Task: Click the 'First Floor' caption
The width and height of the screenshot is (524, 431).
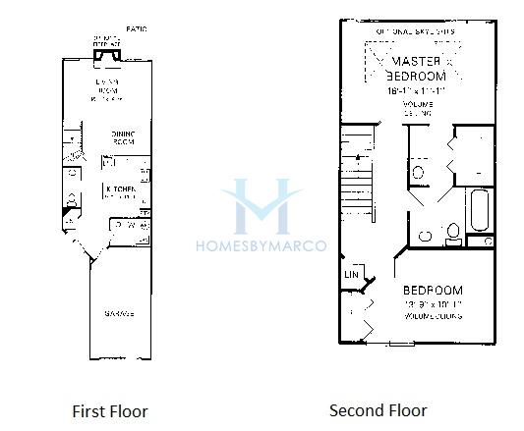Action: (x=110, y=410)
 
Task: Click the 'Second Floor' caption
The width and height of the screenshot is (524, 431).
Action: (x=378, y=410)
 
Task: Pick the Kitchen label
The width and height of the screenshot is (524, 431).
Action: (x=120, y=189)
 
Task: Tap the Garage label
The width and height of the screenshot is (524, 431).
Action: (x=119, y=314)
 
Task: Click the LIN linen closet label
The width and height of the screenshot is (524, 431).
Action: (x=351, y=276)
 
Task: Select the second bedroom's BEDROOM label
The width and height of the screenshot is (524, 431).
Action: (x=433, y=291)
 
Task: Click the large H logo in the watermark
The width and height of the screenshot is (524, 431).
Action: (x=262, y=206)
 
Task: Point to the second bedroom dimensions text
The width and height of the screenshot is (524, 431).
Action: (x=432, y=305)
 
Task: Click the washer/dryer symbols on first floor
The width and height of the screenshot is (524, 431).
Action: (x=130, y=226)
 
